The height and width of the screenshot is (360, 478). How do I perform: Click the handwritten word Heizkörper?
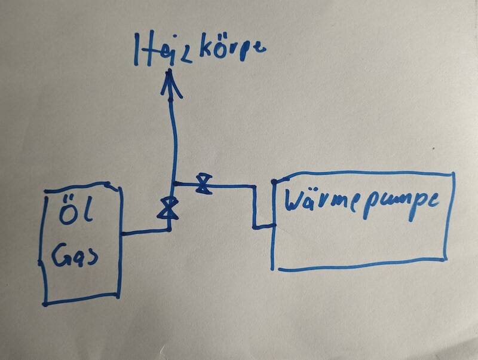[200, 50]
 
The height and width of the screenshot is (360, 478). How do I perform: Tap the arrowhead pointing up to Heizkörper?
[170, 83]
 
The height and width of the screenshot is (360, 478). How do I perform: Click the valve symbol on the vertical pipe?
[168, 208]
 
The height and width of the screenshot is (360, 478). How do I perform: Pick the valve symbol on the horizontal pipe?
[204, 184]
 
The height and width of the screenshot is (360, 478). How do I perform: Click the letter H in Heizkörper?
[142, 50]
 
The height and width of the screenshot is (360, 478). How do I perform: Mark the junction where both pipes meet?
[173, 184]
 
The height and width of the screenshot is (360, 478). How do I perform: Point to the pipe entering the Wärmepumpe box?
[264, 227]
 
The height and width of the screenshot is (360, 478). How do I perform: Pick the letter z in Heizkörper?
[185, 55]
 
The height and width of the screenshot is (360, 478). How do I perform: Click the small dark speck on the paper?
[433, 149]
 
